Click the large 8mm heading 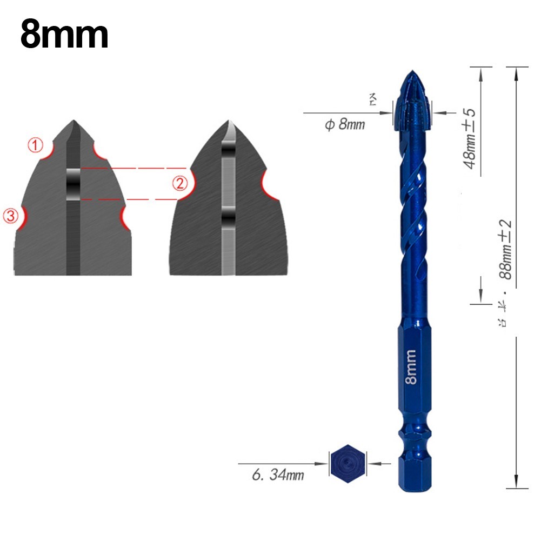pos(64,35)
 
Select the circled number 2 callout pos(180,184)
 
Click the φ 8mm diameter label pos(344,125)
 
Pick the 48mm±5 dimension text pos(470,139)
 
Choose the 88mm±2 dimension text pos(506,249)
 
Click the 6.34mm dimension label pos(278,476)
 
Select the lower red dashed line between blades pos(130,199)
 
